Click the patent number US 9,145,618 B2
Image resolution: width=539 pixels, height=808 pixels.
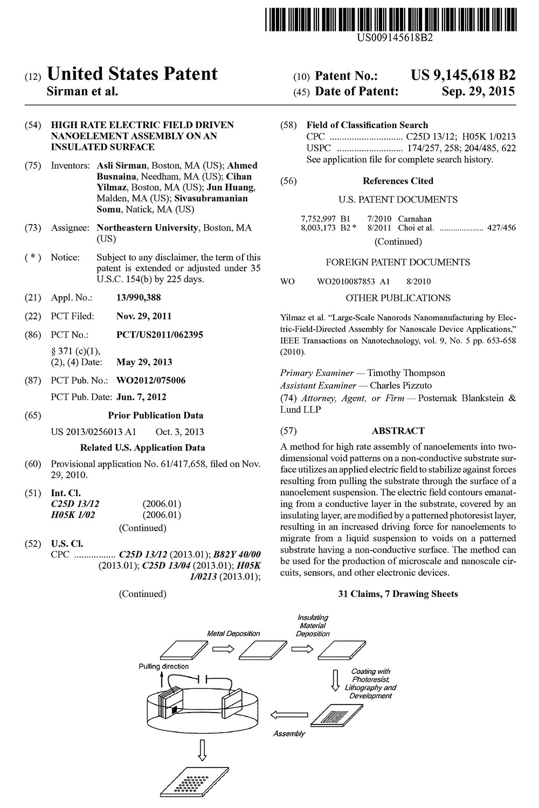[463, 75]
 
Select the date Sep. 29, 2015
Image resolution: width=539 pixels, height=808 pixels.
[478, 92]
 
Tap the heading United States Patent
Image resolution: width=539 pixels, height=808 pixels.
[133, 74]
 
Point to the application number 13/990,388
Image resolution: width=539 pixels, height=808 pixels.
[139, 297]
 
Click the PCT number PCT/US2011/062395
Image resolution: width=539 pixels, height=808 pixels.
[160, 335]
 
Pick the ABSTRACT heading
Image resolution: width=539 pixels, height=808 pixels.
[398, 430]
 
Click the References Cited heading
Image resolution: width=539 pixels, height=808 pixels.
[398, 181]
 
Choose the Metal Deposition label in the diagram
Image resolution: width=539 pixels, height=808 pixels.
[233, 633]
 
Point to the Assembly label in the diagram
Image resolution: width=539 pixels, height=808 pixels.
[289, 733]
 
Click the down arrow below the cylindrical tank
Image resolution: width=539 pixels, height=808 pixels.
[203, 750]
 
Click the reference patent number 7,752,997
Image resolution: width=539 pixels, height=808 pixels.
[318, 219]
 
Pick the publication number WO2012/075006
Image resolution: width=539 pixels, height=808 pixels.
[151, 380]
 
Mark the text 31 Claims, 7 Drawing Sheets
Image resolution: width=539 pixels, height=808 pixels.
[398, 594]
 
